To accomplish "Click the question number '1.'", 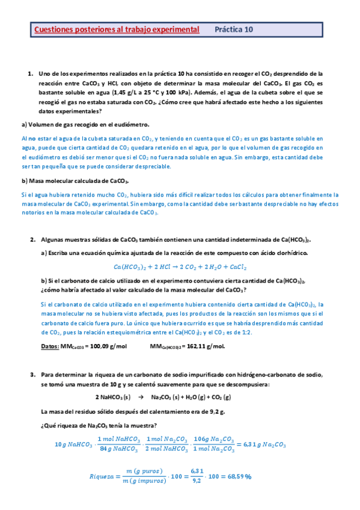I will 31,73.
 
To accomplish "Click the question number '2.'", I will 33,239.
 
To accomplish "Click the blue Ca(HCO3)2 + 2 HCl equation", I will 180,266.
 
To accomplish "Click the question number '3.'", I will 33,374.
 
